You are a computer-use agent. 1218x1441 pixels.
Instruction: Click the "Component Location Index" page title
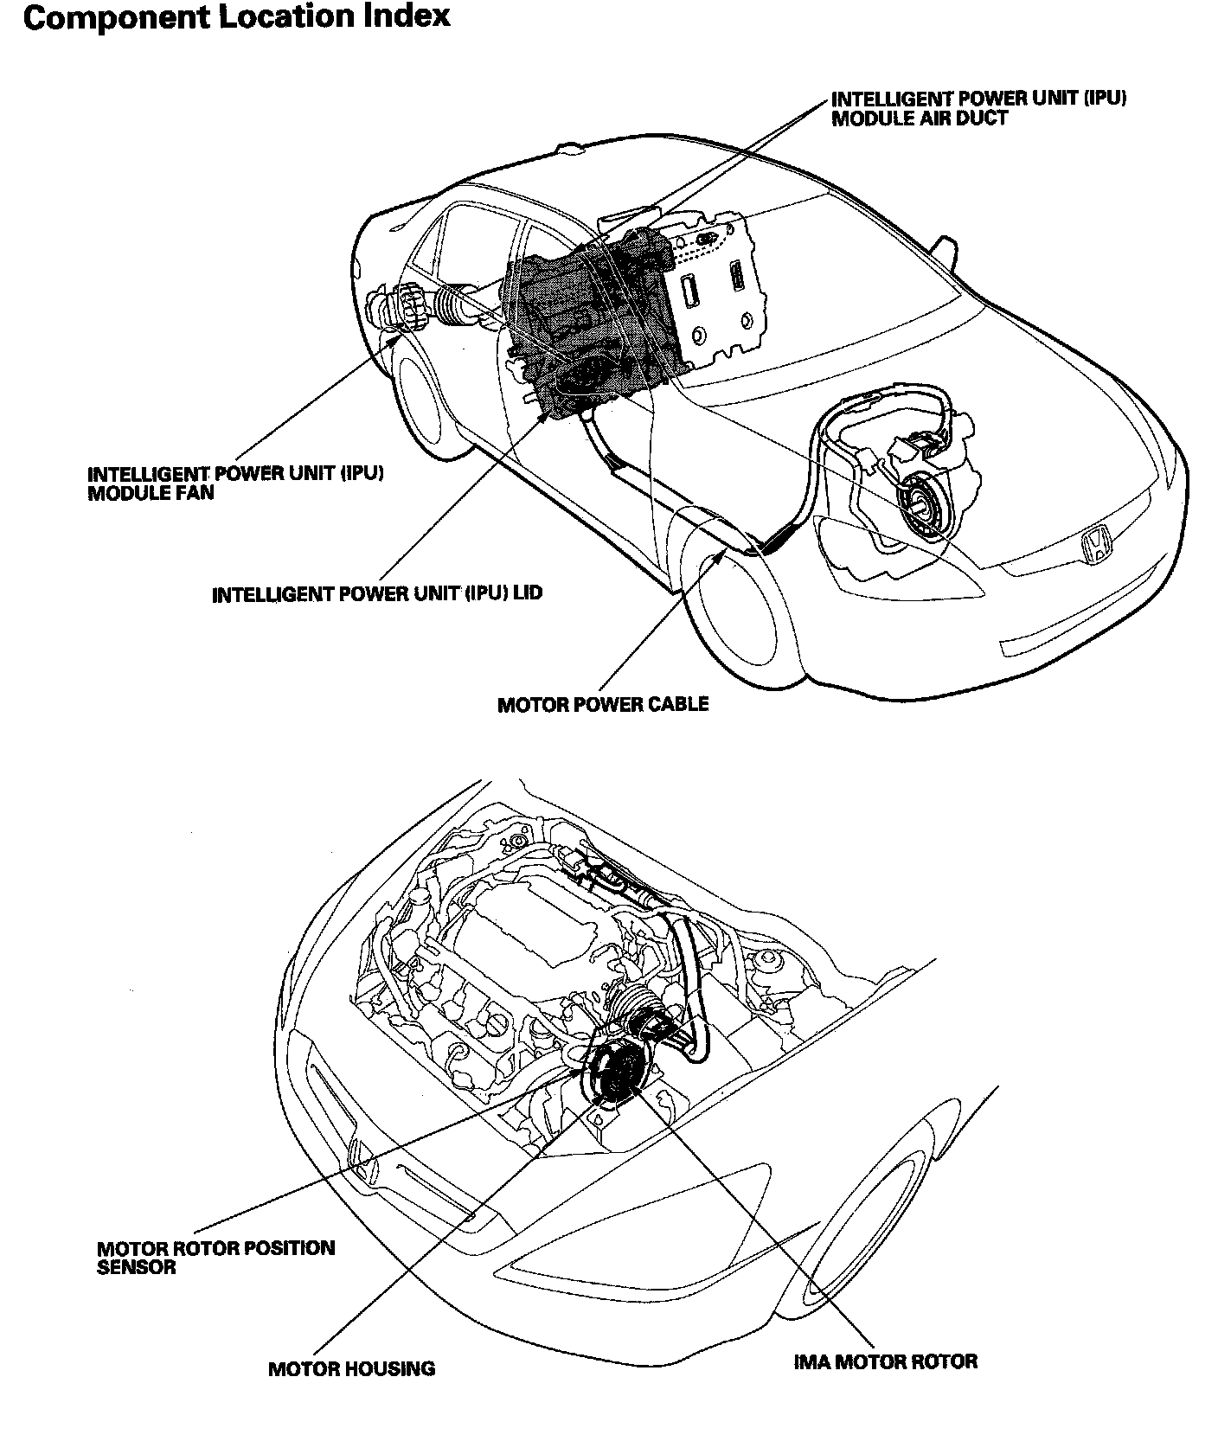pos(236,18)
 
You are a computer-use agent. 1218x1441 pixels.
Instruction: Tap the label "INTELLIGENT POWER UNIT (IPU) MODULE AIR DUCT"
pos(978,108)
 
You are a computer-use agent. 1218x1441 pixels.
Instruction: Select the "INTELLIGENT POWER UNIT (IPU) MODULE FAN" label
pos(235,484)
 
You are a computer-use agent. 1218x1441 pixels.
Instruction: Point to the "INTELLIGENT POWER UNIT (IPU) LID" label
pos(377,594)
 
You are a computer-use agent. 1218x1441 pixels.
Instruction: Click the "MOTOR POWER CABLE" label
pos(603,704)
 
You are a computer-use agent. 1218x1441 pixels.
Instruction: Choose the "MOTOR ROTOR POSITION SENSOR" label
pos(215,1258)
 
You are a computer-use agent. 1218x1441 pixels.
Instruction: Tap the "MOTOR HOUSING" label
pos(351,1368)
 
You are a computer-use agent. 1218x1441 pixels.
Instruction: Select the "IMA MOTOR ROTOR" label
pos(885,1361)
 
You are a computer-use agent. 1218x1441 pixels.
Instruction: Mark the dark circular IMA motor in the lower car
pos(616,1072)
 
